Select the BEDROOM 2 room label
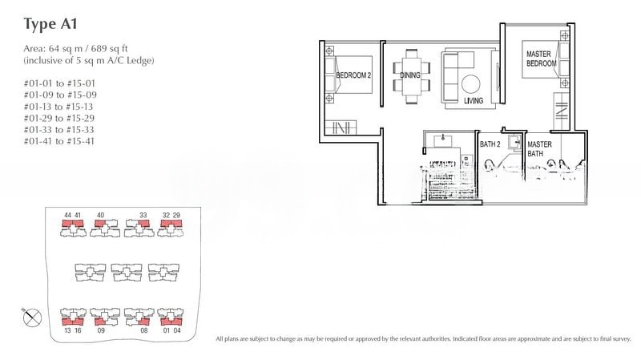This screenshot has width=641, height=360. pyautogui.click(x=353, y=75)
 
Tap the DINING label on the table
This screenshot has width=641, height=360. pyautogui.click(x=411, y=75)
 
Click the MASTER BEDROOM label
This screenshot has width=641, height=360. pyautogui.click(x=541, y=59)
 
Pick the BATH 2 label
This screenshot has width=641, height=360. pyautogui.click(x=490, y=144)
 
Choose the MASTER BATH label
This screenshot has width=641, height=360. pyautogui.click(x=538, y=148)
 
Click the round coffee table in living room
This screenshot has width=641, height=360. pyautogui.click(x=470, y=83)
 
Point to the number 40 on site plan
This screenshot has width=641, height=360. pyautogui.click(x=100, y=216)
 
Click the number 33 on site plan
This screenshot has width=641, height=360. pyautogui.click(x=143, y=216)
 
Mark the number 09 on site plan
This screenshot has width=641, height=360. pyautogui.click(x=102, y=329)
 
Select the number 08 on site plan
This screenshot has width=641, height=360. pyautogui.click(x=144, y=329)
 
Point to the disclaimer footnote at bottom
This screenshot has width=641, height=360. pyautogui.click(x=425, y=340)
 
